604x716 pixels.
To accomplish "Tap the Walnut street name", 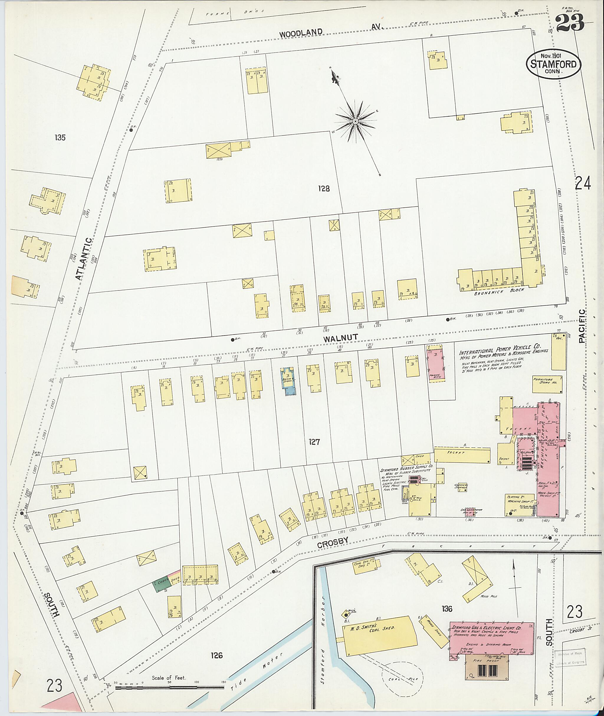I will (x=341, y=337).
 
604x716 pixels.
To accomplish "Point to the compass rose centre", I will (x=355, y=121).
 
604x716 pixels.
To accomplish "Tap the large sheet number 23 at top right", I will (x=569, y=23).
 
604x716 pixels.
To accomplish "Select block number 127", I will (x=314, y=442).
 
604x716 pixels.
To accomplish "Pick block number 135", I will (x=60, y=138).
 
